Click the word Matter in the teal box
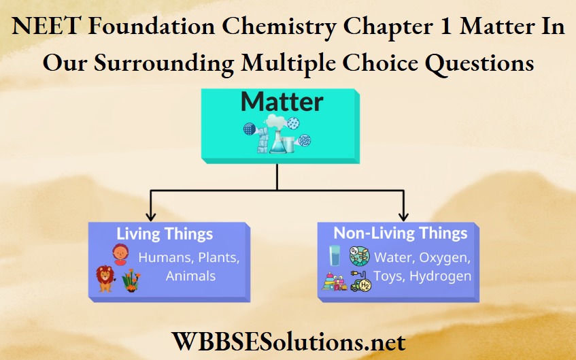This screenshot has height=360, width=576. coord(282,101)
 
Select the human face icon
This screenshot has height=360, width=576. coord(120,255)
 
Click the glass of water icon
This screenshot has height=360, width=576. coord(335,256)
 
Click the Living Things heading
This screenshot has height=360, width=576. coord(165,235)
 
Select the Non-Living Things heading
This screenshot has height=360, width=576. coord(400,233)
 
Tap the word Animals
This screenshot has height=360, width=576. coord(190,276)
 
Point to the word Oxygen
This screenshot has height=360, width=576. coord(444,258)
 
